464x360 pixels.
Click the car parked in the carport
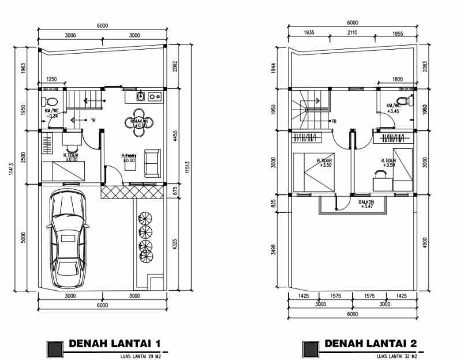click(69, 239)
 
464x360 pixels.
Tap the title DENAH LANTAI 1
click(114, 344)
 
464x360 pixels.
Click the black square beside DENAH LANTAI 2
click(310, 348)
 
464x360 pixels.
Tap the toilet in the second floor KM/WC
click(409, 101)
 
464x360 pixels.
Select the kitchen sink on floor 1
click(140, 96)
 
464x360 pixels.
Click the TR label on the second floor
click(333, 122)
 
